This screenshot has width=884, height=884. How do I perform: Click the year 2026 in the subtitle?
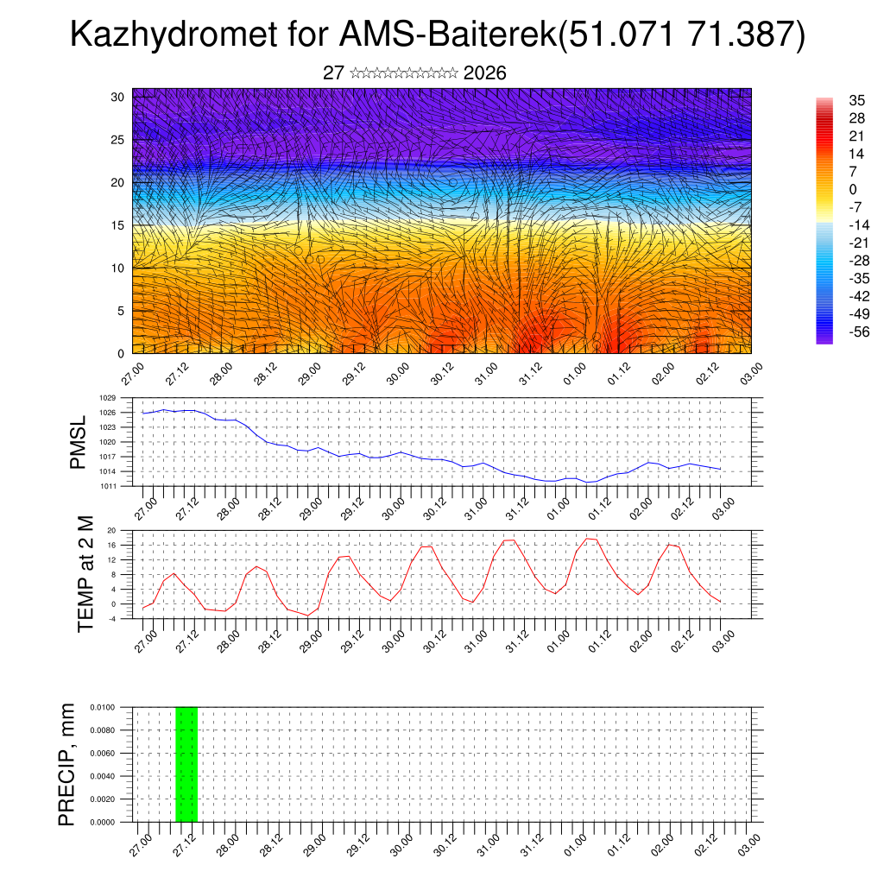click(x=484, y=73)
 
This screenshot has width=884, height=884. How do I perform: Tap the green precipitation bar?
click(x=186, y=764)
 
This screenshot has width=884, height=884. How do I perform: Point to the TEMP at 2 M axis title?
click(x=85, y=575)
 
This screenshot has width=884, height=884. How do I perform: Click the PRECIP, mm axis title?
click(x=66, y=764)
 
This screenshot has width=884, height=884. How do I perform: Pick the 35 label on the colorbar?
click(x=833, y=100)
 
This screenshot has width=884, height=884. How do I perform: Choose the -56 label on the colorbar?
click(x=836, y=331)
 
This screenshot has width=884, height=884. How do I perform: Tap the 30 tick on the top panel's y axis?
click(x=117, y=97)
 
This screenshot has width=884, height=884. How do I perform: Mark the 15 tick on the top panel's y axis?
click(x=117, y=225)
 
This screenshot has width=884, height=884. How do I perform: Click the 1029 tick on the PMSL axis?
click(x=108, y=399)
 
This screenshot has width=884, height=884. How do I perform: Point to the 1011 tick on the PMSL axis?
click(x=108, y=486)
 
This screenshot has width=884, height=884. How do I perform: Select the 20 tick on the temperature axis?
click(x=112, y=530)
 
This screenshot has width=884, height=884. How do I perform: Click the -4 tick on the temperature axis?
click(x=112, y=618)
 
